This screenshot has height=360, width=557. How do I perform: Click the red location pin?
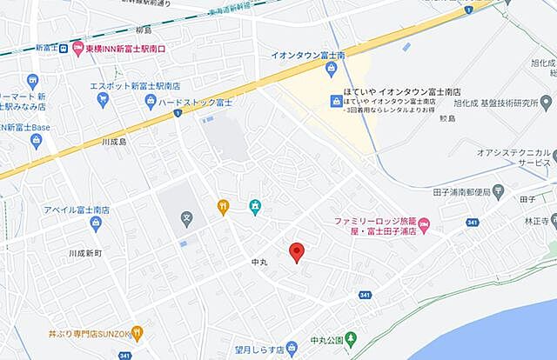click(x=296, y=252)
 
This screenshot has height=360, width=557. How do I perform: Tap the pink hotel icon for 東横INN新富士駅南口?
click(x=77, y=47)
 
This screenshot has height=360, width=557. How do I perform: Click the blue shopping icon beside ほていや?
click(x=335, y=102)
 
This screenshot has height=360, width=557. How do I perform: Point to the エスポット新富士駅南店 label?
click(x=135, y=85)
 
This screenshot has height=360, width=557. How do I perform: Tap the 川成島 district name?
click(x=114, y=140)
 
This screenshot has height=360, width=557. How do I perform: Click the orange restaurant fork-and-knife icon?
click(x=224, y=207)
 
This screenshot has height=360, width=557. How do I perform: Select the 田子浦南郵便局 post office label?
click(x=461, y=190)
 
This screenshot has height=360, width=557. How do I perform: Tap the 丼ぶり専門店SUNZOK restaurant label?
click(x=91, y=333)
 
